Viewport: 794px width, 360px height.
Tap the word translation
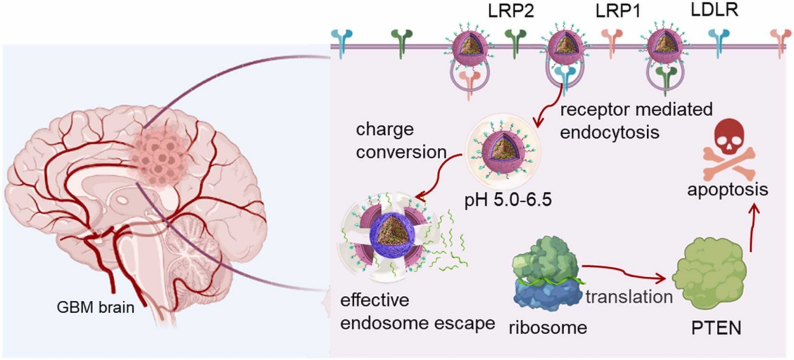point(629,297)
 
